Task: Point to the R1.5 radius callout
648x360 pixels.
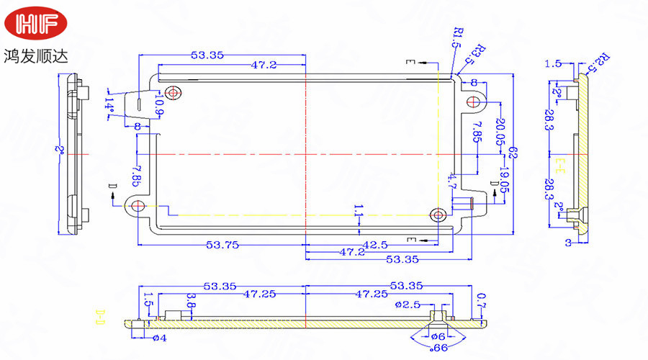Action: (x=456, y=37)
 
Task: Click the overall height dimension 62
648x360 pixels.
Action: (x=513, y=153)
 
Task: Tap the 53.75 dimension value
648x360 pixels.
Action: (x=222, y=245)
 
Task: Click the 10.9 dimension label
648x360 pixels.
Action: (x=158, y=107)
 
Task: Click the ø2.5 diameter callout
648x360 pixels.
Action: (x=408, y=304)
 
